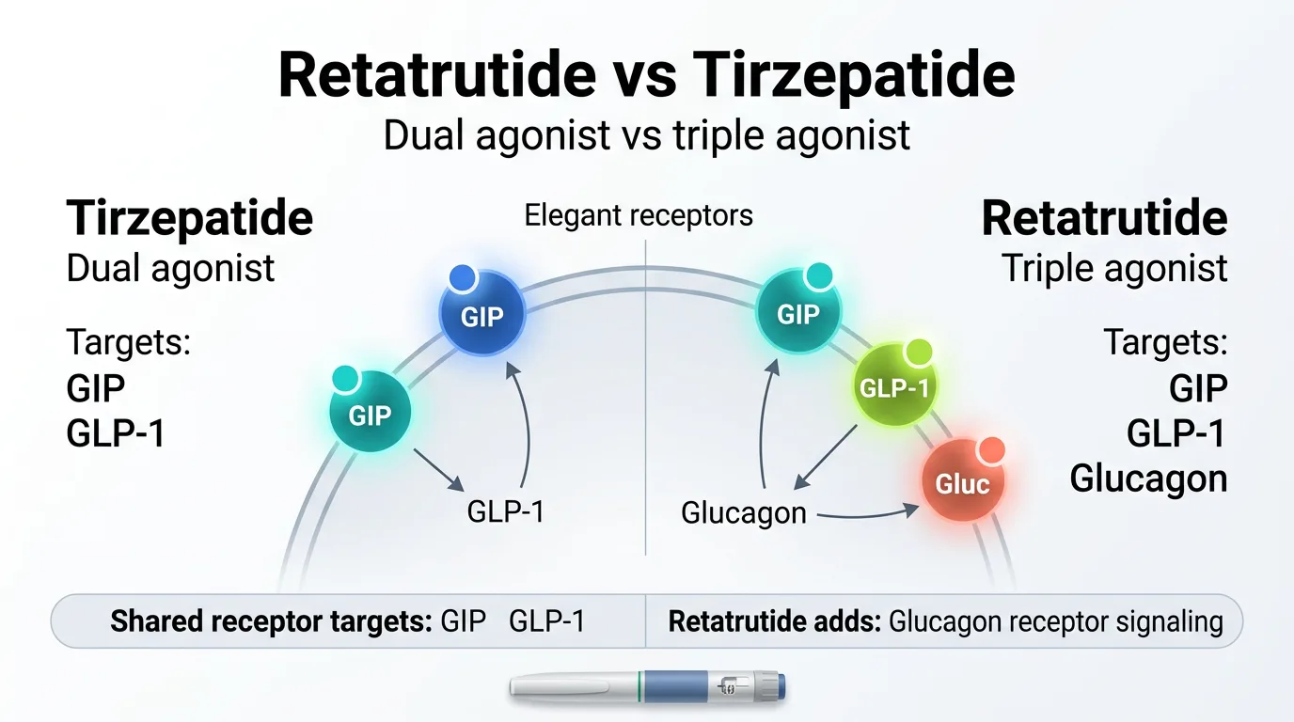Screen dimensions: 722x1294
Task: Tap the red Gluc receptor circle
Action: [962, 483]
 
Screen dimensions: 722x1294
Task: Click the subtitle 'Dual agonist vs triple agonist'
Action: [647, 134]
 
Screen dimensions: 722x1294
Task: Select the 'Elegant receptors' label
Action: [639, 215]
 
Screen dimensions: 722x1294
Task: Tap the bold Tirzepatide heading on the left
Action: [189, 218]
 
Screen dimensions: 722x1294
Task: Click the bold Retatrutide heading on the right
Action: [1104, 218]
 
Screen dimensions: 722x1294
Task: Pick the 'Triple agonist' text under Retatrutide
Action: [1114, 268]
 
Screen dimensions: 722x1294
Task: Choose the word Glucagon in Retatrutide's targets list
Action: [1148, 479]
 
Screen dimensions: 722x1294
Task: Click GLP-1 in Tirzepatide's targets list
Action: [116, 434]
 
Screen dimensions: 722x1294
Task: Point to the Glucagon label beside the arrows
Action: [743, 513]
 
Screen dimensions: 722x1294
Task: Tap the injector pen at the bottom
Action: [647, 687]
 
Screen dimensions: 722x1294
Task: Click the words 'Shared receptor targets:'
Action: [271, 621]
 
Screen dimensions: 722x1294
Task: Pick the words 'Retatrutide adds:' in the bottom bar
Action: [774, 621]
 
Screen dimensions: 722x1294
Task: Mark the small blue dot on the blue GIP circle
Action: [462, 277]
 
